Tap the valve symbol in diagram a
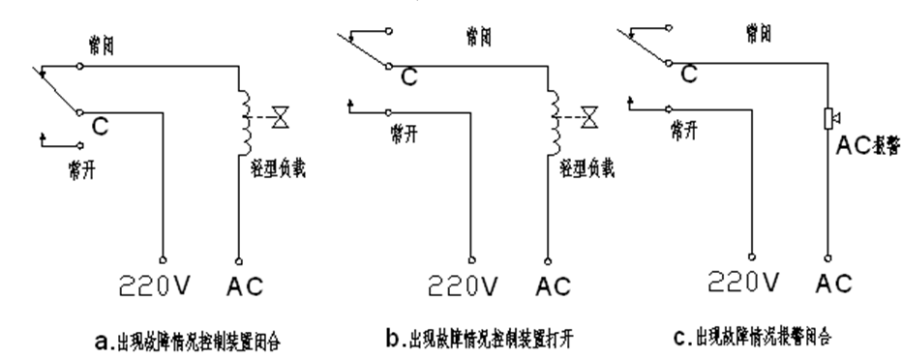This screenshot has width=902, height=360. (280, 118)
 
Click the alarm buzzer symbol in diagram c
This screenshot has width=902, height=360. (827, 118)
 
